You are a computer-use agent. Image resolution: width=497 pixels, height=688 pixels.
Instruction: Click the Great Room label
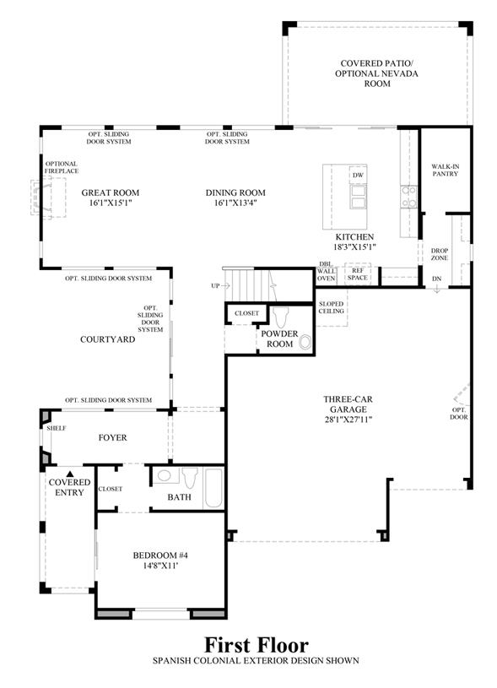coord(110,192)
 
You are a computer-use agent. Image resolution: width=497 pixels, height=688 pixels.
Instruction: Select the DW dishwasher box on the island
coord(358,175)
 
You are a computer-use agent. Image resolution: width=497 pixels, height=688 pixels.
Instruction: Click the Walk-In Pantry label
coord(446,171)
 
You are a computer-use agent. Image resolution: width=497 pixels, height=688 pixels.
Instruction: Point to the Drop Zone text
coord(439,254)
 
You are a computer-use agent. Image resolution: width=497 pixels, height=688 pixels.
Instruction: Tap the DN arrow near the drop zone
coord(437,289)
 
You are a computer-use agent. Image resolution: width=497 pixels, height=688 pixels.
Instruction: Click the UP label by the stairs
coord(215,285)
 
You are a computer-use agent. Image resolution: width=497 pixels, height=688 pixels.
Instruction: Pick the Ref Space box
coord(358,274)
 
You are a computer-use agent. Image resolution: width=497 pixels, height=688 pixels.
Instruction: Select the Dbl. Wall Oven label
coord(326,271)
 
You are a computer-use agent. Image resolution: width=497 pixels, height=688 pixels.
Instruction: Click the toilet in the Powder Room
coord(279,317)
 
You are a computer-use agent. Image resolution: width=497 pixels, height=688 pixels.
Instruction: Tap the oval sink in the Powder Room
coord(305,343)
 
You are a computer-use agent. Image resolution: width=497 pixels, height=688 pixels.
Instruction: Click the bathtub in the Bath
coord(213,489)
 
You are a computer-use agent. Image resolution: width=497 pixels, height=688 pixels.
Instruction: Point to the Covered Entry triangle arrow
coord(70,474)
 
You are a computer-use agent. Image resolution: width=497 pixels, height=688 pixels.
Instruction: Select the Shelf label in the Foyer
coord(57,428)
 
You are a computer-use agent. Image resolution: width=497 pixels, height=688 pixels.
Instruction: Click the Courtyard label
coord(107,339)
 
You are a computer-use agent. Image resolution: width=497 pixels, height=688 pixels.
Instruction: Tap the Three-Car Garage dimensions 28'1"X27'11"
coord(348,420)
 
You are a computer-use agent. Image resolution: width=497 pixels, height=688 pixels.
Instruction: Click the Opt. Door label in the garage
coord(459,414)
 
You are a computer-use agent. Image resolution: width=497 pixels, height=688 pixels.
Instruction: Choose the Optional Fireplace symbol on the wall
coord(48,197)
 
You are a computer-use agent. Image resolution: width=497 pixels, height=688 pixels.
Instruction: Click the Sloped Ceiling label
coord(331,307)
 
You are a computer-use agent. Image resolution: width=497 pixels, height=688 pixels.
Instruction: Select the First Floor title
coord(257,645)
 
